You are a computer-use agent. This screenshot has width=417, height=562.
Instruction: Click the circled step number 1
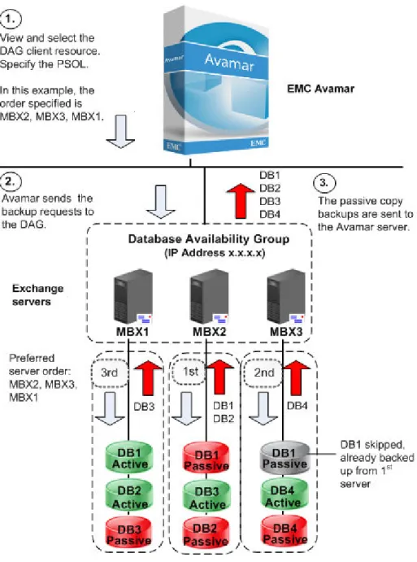[x=11, y=19]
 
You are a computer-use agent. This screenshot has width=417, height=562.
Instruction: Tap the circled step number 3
[x=324, y=183]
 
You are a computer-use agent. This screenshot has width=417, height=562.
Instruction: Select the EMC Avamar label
[x=320, y=89]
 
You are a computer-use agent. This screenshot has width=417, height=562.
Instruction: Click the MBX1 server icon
[x=133, y=297]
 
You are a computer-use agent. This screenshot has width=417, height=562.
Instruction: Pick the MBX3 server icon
[x=286, y=297]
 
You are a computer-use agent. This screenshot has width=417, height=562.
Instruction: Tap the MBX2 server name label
[x=210, y=332]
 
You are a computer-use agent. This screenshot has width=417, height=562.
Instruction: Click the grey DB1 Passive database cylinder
[x=285, y=458]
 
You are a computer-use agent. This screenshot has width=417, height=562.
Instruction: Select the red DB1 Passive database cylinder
[x=206, y=460]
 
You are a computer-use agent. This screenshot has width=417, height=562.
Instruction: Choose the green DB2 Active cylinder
[x=129, y=497]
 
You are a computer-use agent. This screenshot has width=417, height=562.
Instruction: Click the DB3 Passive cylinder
[x=129, y=535]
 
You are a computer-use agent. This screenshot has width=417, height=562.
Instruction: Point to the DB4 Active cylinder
[x=283, y=496]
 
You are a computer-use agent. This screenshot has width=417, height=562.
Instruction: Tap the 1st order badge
[x=190, y=372]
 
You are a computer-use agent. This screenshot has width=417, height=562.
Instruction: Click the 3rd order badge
[x=110, y=372]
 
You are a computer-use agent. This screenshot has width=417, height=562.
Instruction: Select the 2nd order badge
[x=264, y=372]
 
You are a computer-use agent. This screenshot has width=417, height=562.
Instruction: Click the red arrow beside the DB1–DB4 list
[x=241, y=201]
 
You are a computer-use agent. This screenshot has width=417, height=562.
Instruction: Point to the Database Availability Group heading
[x=209, y=239]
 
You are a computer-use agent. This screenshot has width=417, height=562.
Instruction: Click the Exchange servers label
[x=37, y=295]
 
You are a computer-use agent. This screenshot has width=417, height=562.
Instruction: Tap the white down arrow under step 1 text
[x=120, y=132]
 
